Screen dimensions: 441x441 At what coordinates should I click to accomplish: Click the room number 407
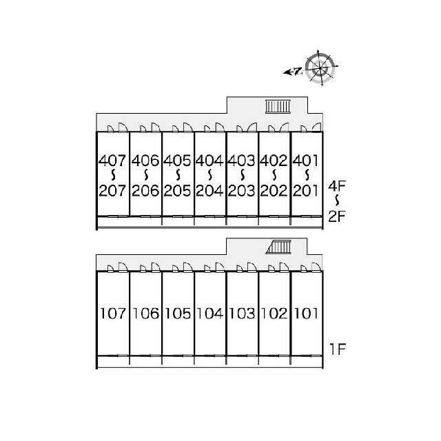(x=112, y=161)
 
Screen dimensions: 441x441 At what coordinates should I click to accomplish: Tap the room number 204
(x=209, y=191)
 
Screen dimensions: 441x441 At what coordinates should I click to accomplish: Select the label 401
(x=305, y=161)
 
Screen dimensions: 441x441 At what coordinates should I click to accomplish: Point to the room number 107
(x=113, y=314)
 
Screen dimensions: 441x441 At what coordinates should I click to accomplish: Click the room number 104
(x=209, y=314)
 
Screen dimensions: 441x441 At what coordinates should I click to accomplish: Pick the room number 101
(x=306, y=314)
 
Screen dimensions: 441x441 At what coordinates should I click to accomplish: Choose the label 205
(x=178, y=191)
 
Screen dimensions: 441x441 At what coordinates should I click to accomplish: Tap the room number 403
(x=242, y=161)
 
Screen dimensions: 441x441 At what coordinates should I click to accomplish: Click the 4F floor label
(x=337, y=185)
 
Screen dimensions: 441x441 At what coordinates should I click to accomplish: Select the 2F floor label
(x=337, y=216)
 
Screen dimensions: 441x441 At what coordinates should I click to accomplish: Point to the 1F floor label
(x=338, y=349)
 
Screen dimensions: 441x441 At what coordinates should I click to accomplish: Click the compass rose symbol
(x=320, y=68)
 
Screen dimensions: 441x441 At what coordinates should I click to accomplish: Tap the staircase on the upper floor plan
(x=278, y=107)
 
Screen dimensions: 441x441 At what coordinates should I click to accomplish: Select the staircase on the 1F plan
(x=278, y=247)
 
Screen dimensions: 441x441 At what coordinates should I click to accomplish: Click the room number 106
(x=145, y=314)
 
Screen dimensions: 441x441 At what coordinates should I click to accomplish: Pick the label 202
(x=274, y=191)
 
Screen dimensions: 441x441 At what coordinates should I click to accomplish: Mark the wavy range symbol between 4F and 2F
(x=337, y=201)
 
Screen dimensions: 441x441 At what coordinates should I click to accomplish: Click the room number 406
(x=145, y=161)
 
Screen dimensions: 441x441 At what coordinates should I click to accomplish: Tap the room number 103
(x=242, y=314)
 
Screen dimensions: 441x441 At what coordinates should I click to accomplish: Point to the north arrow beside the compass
(x=293, y=72)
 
